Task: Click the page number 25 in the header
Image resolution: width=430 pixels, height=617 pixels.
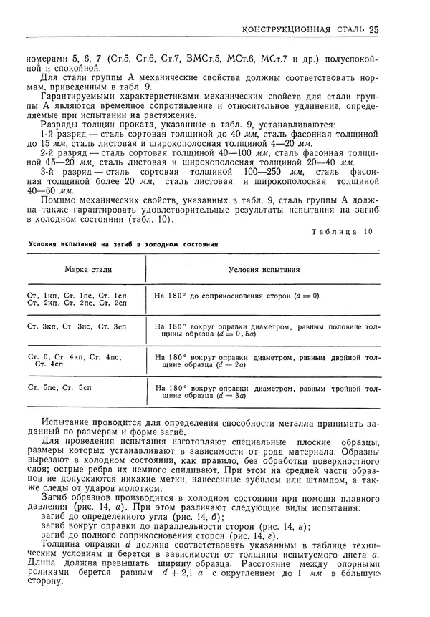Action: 374,29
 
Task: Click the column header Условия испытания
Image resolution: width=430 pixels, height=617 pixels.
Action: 264,271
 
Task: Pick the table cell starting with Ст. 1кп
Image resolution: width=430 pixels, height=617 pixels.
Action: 77,299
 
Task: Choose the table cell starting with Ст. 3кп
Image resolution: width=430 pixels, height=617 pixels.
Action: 77,327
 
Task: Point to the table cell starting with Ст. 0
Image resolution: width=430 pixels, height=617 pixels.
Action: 77,360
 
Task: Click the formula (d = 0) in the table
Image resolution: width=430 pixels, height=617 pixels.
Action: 305,296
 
